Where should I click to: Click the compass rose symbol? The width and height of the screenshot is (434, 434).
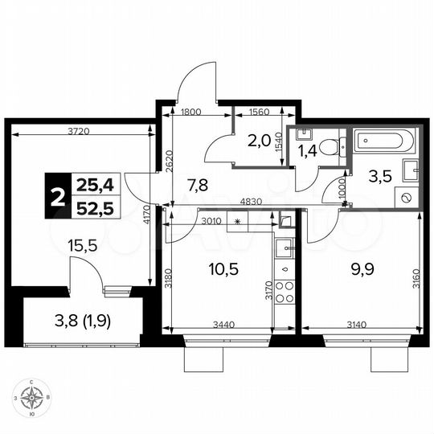pos(34,397)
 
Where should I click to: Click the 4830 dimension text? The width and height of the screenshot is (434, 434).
pos(239,200)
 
